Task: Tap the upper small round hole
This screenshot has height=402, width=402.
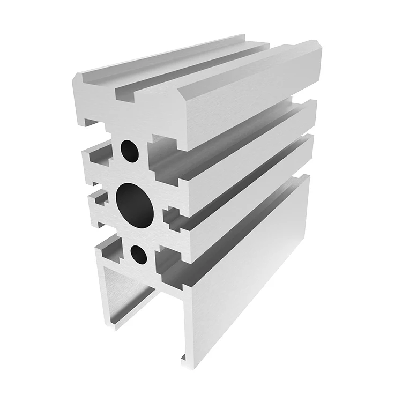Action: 129,151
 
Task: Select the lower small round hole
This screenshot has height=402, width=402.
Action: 139,255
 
